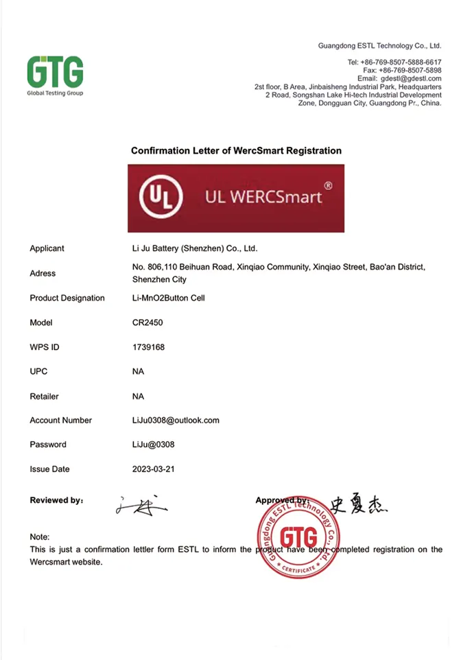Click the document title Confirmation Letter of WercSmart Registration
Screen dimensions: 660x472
point(236,150)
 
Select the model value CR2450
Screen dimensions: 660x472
point(147,322)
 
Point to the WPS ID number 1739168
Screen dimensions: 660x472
point(148,347)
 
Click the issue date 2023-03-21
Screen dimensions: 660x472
point(154,469)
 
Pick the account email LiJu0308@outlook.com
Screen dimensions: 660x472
point(175,420)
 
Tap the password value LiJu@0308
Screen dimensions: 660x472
point(153,445)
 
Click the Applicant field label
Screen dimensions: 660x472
point(47,248)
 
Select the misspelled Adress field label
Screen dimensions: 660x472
point(43,273)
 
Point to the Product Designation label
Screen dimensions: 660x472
point(67,298)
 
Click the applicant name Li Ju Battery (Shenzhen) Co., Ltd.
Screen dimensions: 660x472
point(194,248)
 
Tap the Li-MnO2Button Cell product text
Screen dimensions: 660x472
point(168,298)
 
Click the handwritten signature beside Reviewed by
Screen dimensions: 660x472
point(141,506)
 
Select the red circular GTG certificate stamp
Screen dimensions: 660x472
point(298,536)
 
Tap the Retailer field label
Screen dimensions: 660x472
point(45,397)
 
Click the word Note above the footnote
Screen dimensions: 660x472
point(40,537)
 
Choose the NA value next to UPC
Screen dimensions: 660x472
point(138,372)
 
